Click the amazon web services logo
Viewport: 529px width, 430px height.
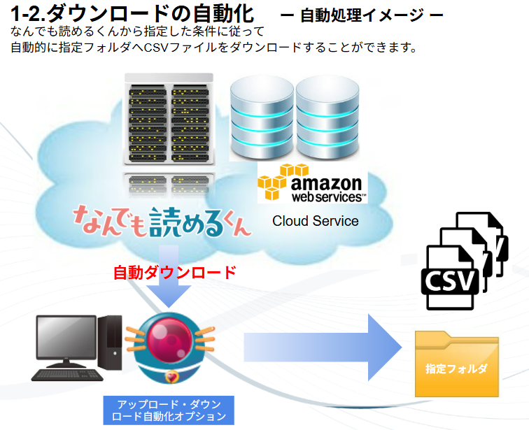[312, 183]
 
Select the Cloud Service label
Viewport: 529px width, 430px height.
[315, 221]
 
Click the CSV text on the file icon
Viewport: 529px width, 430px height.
[449, 282]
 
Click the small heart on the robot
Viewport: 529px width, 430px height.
[171, 378]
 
